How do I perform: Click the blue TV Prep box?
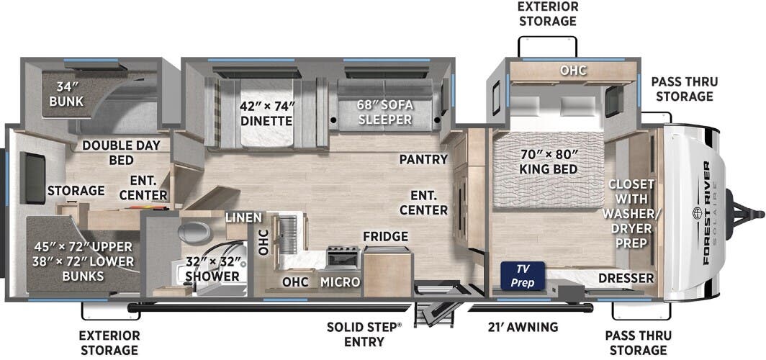523,276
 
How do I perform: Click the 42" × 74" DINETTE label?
266,112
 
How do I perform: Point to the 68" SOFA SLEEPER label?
385,112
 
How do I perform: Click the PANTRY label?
424,159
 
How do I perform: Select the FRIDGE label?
385,236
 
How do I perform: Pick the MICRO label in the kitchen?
340,282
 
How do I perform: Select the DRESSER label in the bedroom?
625,278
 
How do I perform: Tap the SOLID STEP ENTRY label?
364,333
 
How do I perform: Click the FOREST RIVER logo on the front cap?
706,213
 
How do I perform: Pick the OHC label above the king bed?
574,71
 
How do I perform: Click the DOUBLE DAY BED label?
121,152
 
